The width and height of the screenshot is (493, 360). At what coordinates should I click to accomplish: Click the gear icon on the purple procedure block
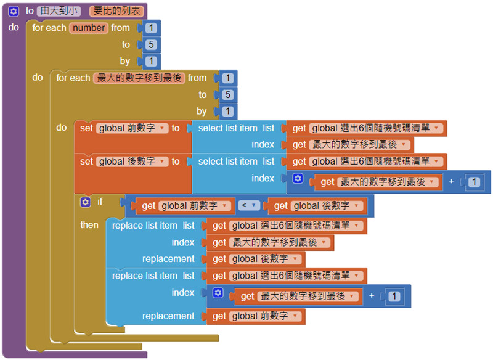coord(14,11)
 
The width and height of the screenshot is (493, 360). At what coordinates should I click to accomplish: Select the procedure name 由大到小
coord(58,11)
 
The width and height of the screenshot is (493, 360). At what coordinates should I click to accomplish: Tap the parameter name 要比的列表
coord(116,11)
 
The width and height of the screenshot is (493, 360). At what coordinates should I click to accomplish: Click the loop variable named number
coord(89,28)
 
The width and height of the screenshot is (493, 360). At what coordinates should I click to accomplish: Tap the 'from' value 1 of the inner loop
coord(228,78)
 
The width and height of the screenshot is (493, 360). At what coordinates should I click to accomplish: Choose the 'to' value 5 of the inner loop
coord(228,95)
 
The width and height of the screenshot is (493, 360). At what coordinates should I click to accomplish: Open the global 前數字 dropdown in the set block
coord(163,128)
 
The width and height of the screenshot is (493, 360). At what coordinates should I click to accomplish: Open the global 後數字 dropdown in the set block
coord(163,162)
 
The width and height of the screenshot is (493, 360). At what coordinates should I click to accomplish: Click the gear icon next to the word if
coord(85,202)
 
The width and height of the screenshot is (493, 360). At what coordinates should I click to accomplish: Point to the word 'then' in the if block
coord(89,225)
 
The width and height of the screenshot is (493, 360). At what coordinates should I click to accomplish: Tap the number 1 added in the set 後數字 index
coord(473,182)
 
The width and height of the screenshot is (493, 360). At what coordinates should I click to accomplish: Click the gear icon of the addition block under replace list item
coord(218,293)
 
